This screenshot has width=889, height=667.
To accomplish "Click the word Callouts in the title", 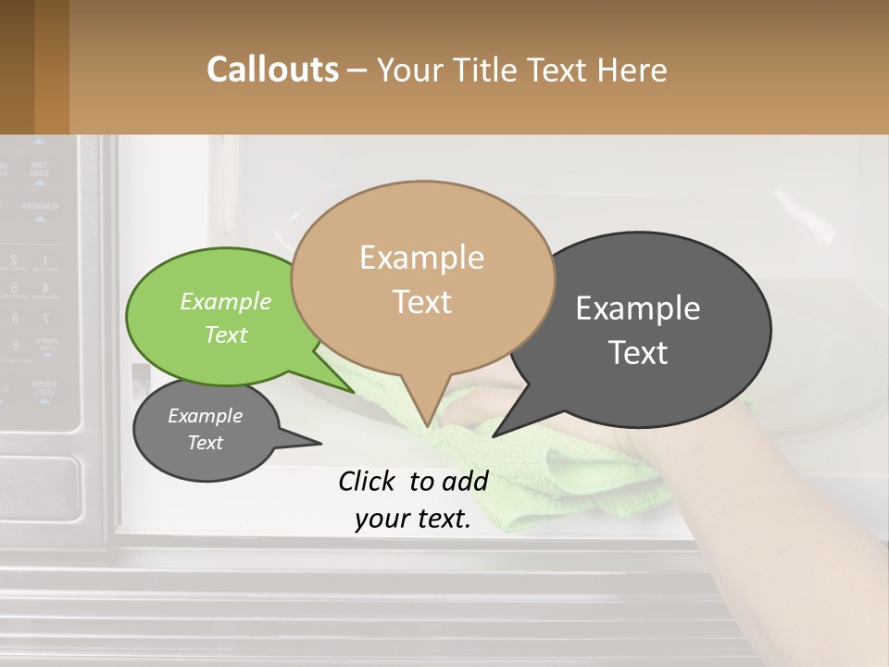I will click(x=272, y=69).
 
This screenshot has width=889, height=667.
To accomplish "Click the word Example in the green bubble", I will click(x=225, y=301).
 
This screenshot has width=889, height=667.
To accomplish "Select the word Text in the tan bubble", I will click(x=422, y=302).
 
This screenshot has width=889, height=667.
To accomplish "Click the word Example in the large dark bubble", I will click(x=638, y=308).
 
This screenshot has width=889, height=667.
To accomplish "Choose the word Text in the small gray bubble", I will click(x=206, y=443).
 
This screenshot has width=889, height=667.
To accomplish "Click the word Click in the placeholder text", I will click(x=369, y=480).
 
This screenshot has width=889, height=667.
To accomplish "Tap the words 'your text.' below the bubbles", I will click(x=413, y=520).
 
